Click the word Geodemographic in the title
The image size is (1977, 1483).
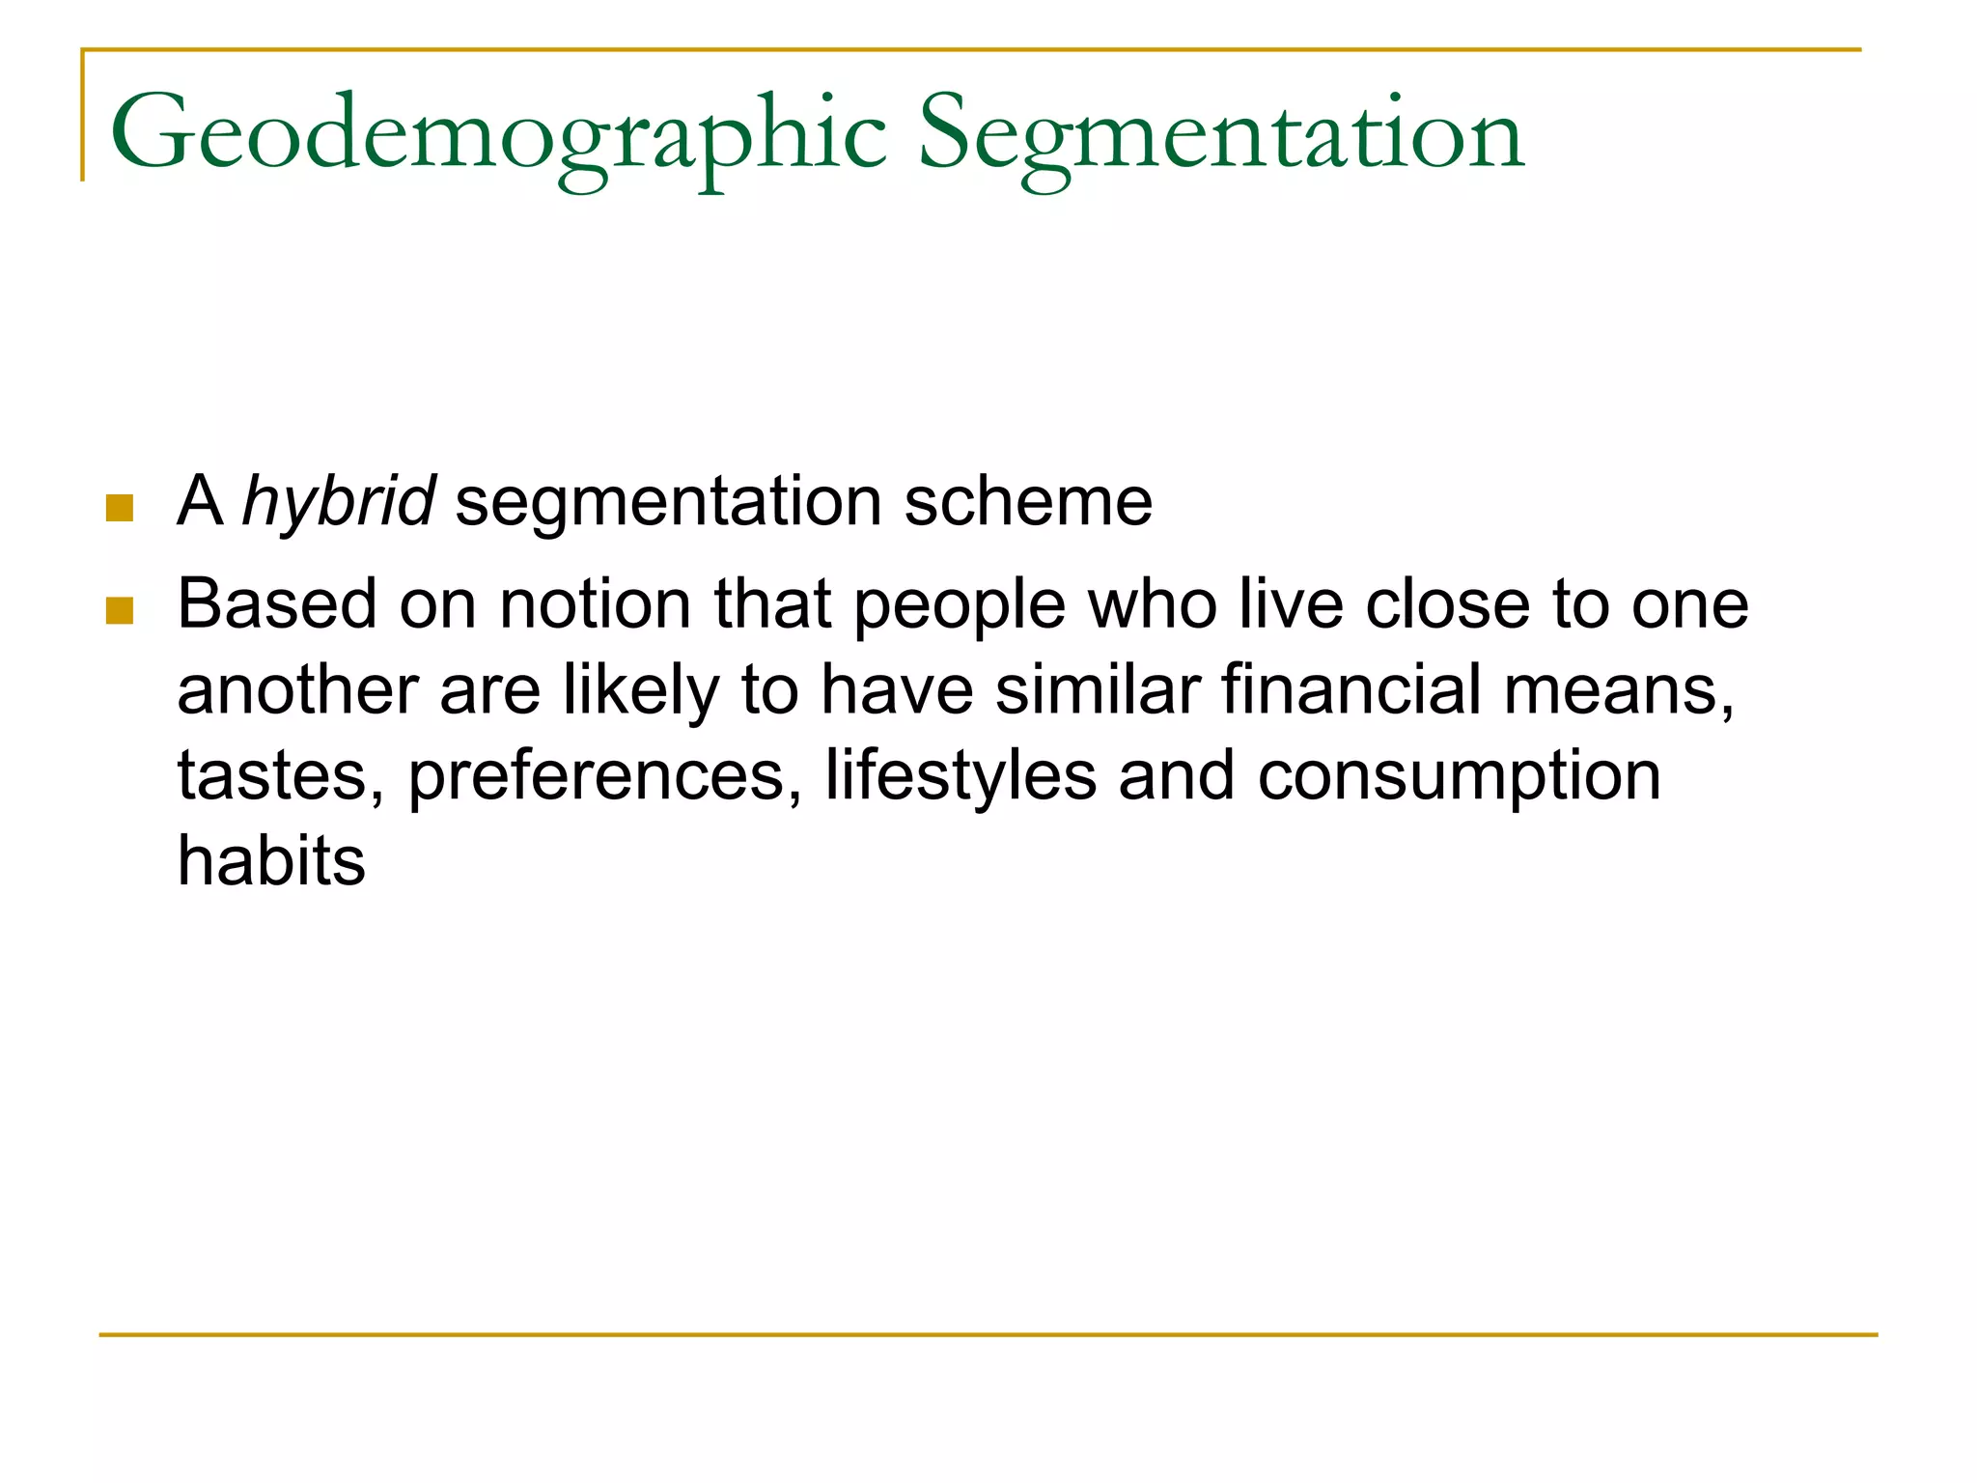[x=498, y=135]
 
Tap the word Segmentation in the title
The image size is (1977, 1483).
[x=1221, y=135]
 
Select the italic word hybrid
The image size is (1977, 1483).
[x=338, y=502]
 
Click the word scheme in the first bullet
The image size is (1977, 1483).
[x=1028, y=502]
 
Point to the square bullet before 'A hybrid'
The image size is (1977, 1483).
[x=120, y=508]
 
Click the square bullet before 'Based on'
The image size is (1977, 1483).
[x=120, y=611]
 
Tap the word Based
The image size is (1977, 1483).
[x=277, y=605]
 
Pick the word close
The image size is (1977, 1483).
[x=1448, y=605]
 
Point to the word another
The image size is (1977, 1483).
[x=297, y=691]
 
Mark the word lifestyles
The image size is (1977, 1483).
[x=961, y=777]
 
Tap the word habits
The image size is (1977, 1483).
[x=271, y=861]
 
